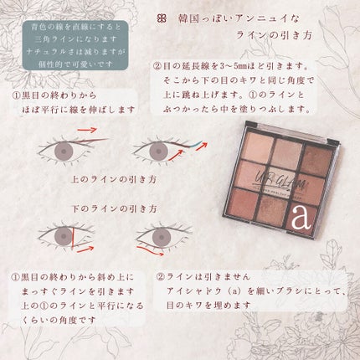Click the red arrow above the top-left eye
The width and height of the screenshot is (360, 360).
pos(86,131)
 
